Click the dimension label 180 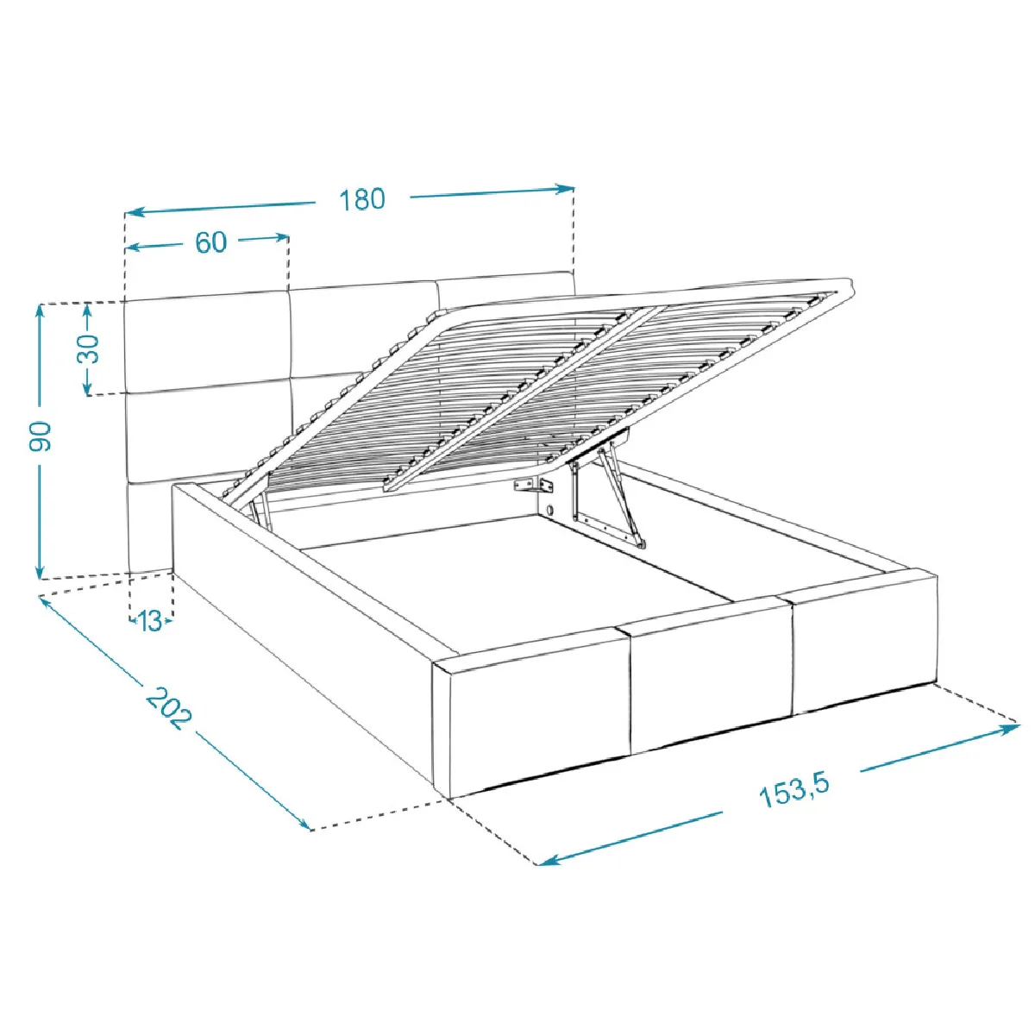[362, 199]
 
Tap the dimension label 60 [211, 242]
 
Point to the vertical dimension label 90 [41, 436]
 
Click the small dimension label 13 [150, 621]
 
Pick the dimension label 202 [168, 708]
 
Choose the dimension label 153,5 [794, 790]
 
